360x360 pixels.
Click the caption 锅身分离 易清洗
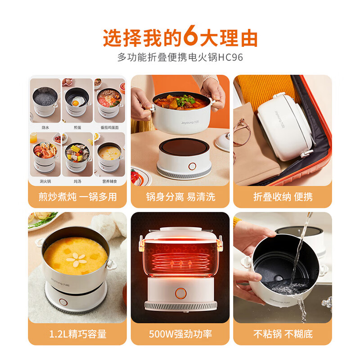[180, 197]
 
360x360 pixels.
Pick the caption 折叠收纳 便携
[283, 197]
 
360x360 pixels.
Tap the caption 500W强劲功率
[180, 334]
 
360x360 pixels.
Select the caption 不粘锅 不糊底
[283, 334]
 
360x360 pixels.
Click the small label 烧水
[45, 127]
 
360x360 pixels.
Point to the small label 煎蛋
[77, 127]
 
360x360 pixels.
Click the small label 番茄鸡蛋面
[108, 127]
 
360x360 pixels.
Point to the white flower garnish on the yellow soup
[75, 257]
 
